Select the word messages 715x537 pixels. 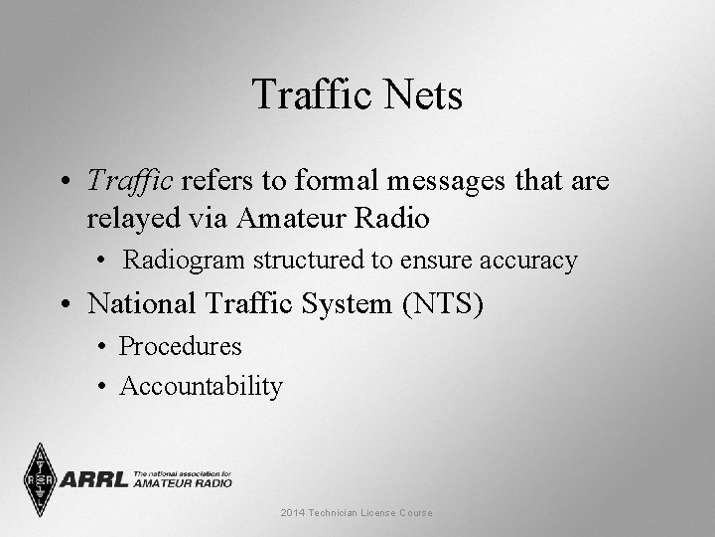click(446, 181)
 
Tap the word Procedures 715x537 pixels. click(181, 346)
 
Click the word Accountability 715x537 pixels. click(201, 385)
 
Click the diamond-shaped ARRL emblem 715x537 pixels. click(40, 480)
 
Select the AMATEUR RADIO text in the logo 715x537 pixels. click(183, 482)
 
